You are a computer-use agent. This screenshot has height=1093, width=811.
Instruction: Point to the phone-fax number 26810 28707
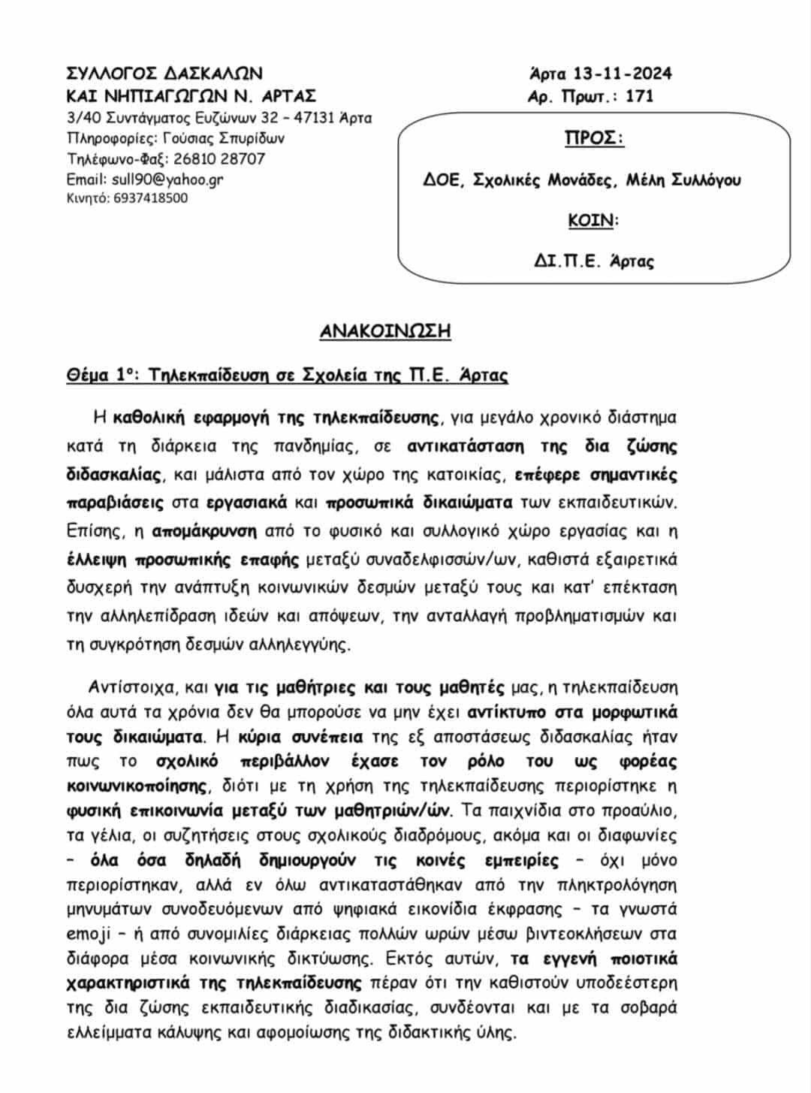219,159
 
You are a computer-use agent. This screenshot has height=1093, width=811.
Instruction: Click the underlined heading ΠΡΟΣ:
594,139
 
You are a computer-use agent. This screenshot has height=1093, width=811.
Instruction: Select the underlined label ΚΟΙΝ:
593,221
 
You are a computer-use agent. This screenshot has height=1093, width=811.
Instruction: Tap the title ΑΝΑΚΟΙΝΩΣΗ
385,331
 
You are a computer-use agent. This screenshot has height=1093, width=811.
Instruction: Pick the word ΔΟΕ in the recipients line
441,180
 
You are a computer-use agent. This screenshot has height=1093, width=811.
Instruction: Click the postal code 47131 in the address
310,118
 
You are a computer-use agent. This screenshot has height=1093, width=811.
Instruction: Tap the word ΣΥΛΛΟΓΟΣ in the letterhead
112,74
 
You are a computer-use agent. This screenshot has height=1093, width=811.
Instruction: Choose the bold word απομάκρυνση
204,531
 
